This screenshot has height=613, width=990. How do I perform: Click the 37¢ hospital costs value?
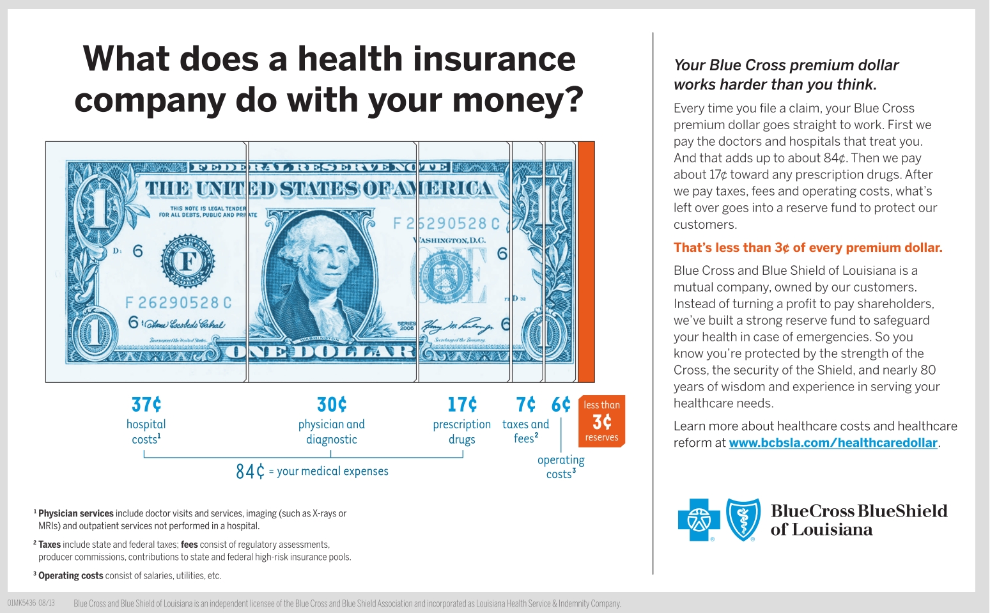146,405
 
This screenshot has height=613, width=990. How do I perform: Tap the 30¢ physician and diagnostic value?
332,405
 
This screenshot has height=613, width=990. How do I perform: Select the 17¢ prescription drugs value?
462,405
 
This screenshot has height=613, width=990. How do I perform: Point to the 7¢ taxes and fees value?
526,405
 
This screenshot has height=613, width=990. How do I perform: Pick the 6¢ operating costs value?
561,405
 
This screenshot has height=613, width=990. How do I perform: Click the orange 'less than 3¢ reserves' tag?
601,421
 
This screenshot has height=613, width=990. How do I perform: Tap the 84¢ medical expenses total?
250,472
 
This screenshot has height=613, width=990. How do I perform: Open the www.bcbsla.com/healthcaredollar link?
833,443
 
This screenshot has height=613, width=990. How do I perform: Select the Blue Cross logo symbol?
699,520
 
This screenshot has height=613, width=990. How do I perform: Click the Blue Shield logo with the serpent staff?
744,520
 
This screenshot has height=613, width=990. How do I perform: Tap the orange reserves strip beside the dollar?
586,261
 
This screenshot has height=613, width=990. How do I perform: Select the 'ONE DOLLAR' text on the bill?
321,352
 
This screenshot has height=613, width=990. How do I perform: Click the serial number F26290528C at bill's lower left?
178,303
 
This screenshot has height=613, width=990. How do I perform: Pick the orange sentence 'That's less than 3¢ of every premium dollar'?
808,247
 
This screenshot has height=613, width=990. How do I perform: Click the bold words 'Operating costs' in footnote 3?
71,575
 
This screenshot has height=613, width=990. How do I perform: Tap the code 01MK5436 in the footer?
21,603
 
